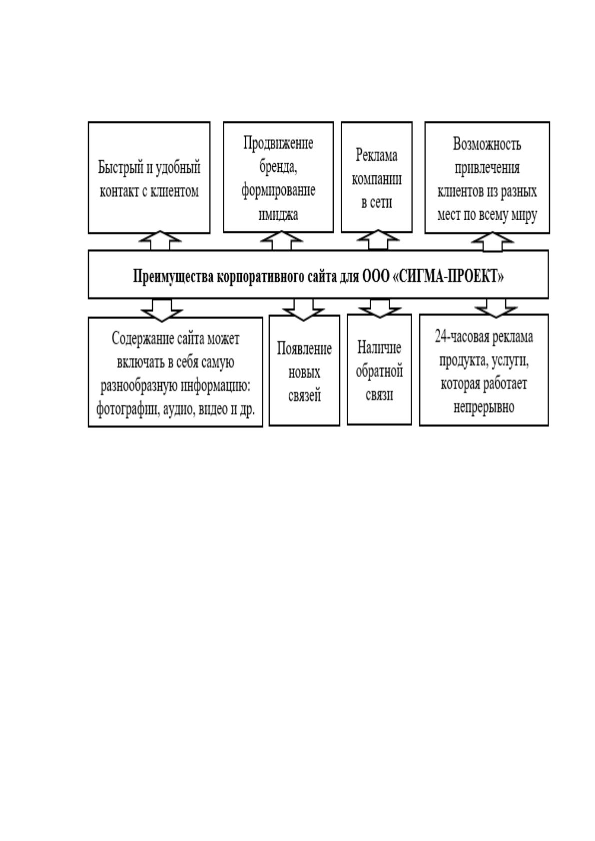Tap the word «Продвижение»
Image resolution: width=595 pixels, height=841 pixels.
coord(278,143)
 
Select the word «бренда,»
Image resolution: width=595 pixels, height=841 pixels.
coord(278,167)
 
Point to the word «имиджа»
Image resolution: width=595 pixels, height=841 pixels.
coord(278,214)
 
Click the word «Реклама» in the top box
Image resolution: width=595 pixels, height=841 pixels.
coord(376,155)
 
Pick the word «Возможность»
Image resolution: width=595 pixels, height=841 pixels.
coord(487,144)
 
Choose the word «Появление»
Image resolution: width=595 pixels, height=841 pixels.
coord(304,349)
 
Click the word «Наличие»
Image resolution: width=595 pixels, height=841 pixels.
coord(379,348)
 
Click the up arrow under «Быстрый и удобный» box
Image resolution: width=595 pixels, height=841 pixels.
coord(160,240)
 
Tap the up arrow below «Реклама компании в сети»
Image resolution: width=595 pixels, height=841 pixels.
coord(378,240)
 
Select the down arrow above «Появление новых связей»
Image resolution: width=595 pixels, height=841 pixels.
coord(304,310)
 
